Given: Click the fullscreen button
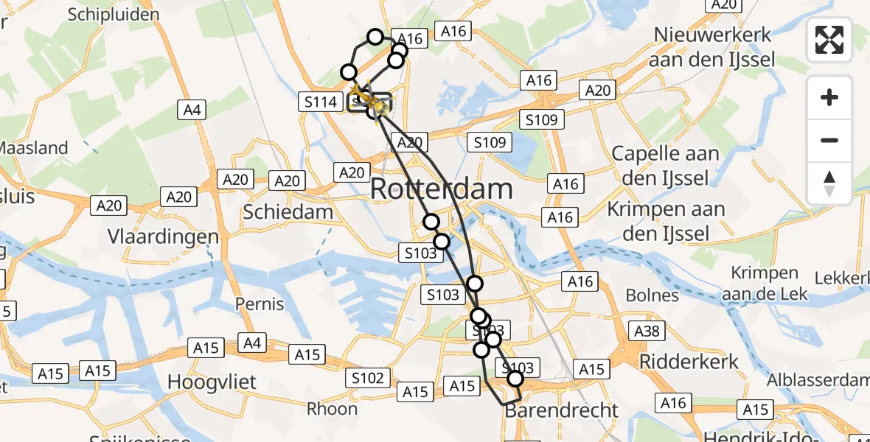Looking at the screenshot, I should pos(829,40).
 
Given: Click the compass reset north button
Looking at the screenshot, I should pos(829,183).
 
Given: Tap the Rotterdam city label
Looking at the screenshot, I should pos(441,189).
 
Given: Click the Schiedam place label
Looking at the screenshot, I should pos(288,213).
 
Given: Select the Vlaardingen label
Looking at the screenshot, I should pos(163,236).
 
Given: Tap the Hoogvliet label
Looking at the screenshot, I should pos(212,382).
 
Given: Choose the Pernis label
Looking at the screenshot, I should pos(260,304).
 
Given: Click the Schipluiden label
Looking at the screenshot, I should pos(114,14).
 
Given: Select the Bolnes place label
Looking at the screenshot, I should pos(652,295).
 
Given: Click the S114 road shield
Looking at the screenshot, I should pos(321,102).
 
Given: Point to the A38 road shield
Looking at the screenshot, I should pos(647,331).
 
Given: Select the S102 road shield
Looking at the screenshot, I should pos(367,379).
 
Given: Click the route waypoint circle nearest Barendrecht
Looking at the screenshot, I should pos(515,379).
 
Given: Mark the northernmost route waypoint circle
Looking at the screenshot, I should pos(375,37).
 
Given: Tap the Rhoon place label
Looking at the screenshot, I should pos(332,409).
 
